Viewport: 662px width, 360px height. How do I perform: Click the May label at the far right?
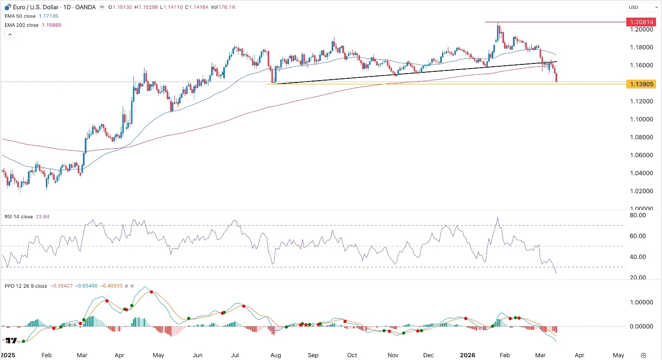pyautogui.click(x=618, y=355)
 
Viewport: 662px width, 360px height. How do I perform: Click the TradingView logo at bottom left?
pyautogui.click(x=11, y=341)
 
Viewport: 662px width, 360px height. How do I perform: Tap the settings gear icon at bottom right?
pyautogui.click(x=643, y=355)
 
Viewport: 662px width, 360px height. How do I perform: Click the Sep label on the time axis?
pyautogui.click(x=314, y=355)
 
